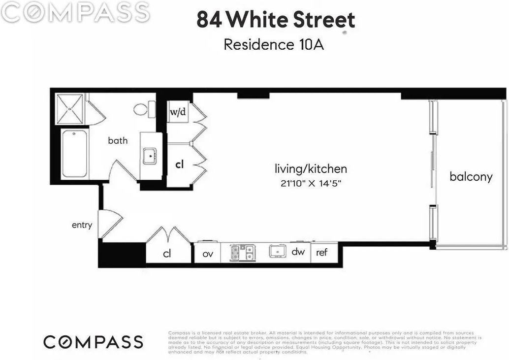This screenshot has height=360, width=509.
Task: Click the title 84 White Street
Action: pos(276,20)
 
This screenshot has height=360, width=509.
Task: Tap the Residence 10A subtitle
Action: pos(274,44)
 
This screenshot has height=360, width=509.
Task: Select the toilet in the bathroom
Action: pos(144,109)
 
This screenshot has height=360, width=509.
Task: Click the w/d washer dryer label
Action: pos(178,112)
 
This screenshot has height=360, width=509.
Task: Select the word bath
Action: pos(118,141)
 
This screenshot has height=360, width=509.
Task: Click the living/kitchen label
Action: pos(311,169)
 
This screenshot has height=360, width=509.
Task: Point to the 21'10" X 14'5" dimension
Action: pos(311,184)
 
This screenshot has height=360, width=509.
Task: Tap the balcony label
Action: pos(471,177)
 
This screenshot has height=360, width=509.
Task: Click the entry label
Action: pos(82,225)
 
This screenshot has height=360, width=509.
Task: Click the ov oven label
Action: pos(208,254)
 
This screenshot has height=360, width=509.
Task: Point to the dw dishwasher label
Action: pos(298,252)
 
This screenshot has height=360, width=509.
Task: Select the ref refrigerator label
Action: pos(322,252)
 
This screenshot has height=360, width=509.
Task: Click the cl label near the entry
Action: pos(167,254)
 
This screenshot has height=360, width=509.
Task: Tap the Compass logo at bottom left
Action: pos(93,342)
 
